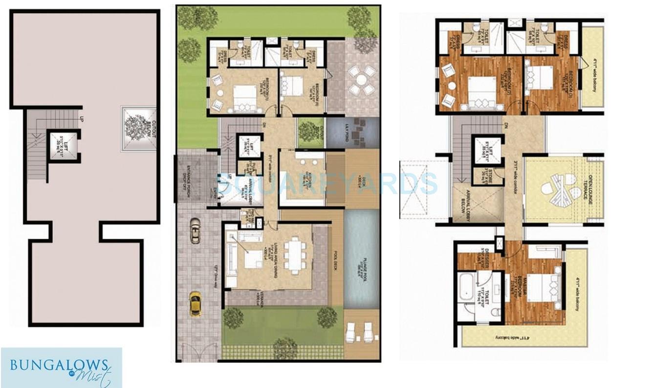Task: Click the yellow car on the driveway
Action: (x=195, y=303)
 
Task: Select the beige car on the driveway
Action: (x=195, y=230)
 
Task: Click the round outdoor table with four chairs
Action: (x=362, y=80)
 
